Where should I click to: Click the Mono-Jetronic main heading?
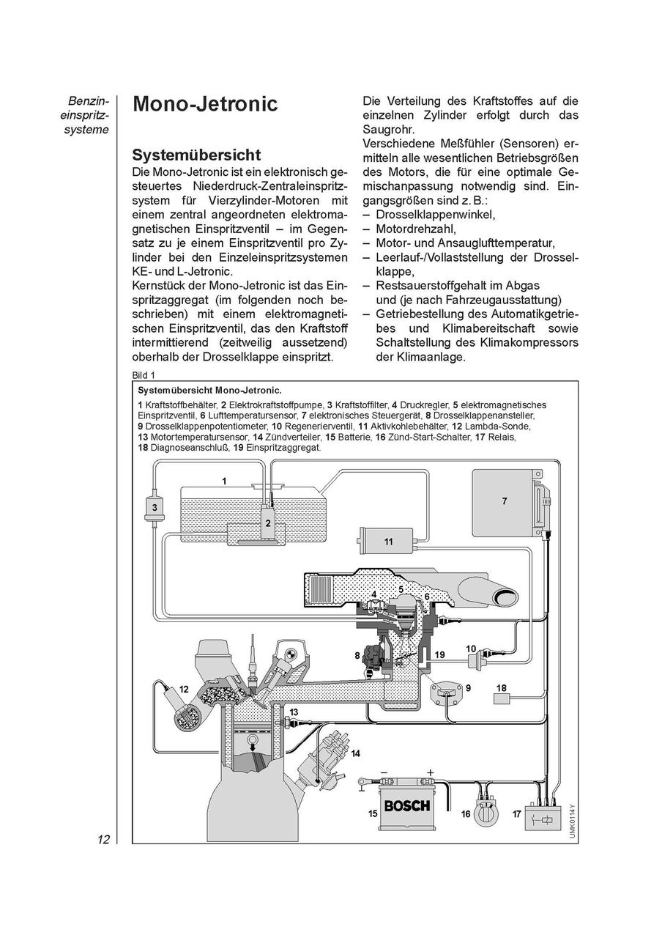(x=204, y=104)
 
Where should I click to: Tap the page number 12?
(x=102, y=839)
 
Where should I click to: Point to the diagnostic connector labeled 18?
(x=502, y=698)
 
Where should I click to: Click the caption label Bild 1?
(x=144, y=374)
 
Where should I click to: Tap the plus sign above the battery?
(x=430, y=772)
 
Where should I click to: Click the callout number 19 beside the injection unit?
(x=439, y=654)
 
